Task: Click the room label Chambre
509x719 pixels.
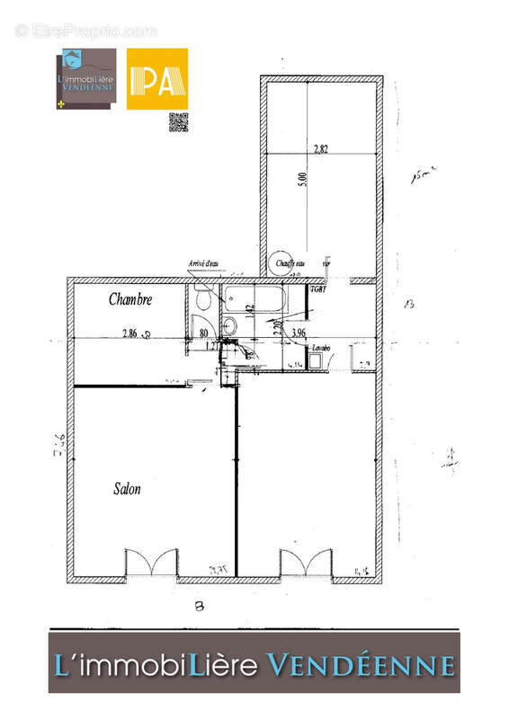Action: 130,299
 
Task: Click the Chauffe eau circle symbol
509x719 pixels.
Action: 281,262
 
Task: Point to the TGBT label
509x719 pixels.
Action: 317,289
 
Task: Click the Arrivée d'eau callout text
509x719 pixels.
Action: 204,264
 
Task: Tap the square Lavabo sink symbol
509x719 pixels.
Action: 315,360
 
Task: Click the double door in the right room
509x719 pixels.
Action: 307,564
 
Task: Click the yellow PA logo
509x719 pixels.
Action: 156,79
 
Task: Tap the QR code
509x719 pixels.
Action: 179,122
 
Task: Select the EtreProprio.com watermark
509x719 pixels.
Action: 85,31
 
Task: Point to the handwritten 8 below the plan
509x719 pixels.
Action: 200,606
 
